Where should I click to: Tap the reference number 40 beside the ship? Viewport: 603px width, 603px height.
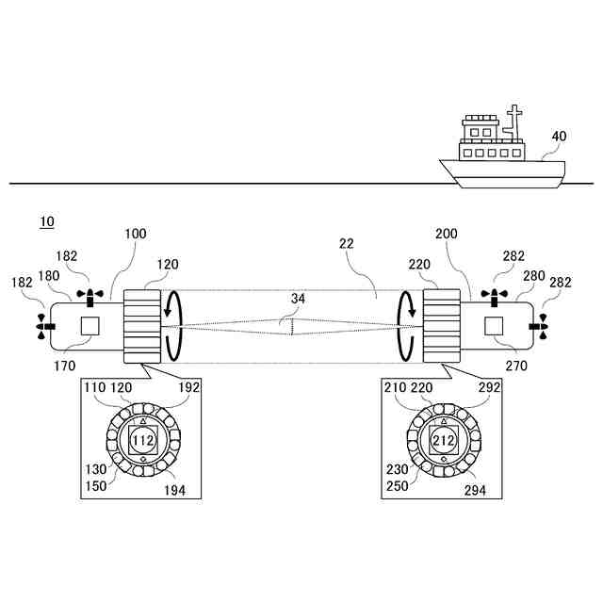tap(559, 136)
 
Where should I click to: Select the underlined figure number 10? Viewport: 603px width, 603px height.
tap(46, 222)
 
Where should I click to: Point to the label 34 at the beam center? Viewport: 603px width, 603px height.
tap(299, 300)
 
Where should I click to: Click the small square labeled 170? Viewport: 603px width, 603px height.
tap(90, 326)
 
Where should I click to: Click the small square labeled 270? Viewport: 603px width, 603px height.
tap(494, 326)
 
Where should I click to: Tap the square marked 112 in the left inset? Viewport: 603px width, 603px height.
tap(143, 439)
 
